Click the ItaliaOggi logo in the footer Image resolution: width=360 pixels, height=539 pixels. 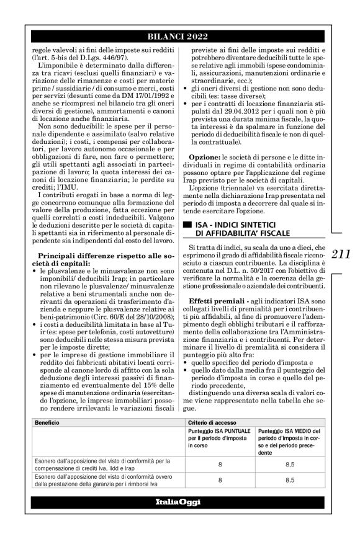[179, 502]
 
